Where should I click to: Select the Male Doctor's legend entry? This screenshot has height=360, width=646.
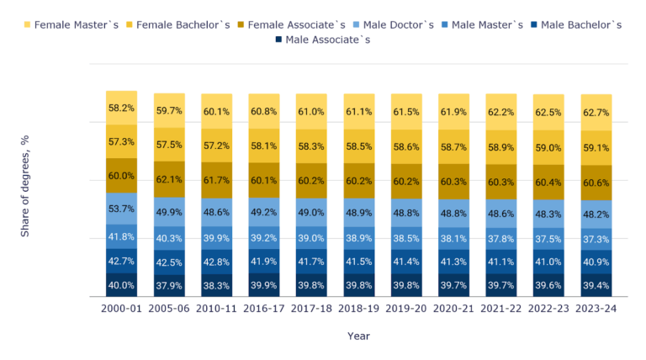400,24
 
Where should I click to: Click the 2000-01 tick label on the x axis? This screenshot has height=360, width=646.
121,310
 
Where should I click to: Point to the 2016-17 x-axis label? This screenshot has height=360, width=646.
264,310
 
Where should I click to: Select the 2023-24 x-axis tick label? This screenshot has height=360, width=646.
596,310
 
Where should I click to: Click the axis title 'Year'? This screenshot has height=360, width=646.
358,336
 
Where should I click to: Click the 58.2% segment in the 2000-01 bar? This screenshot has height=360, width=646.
121,108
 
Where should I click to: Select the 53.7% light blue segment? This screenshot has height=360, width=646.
121,209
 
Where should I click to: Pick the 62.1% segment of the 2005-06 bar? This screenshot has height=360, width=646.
169,179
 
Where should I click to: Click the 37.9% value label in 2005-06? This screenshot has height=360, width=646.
169,285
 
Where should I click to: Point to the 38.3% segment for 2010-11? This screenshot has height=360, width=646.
217,285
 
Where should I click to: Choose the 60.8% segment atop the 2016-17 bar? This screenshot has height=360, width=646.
264,111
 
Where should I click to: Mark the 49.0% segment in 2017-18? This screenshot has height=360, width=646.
311,213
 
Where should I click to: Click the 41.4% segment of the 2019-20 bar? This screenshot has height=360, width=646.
406,263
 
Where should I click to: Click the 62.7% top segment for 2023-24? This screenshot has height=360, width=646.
596,113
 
